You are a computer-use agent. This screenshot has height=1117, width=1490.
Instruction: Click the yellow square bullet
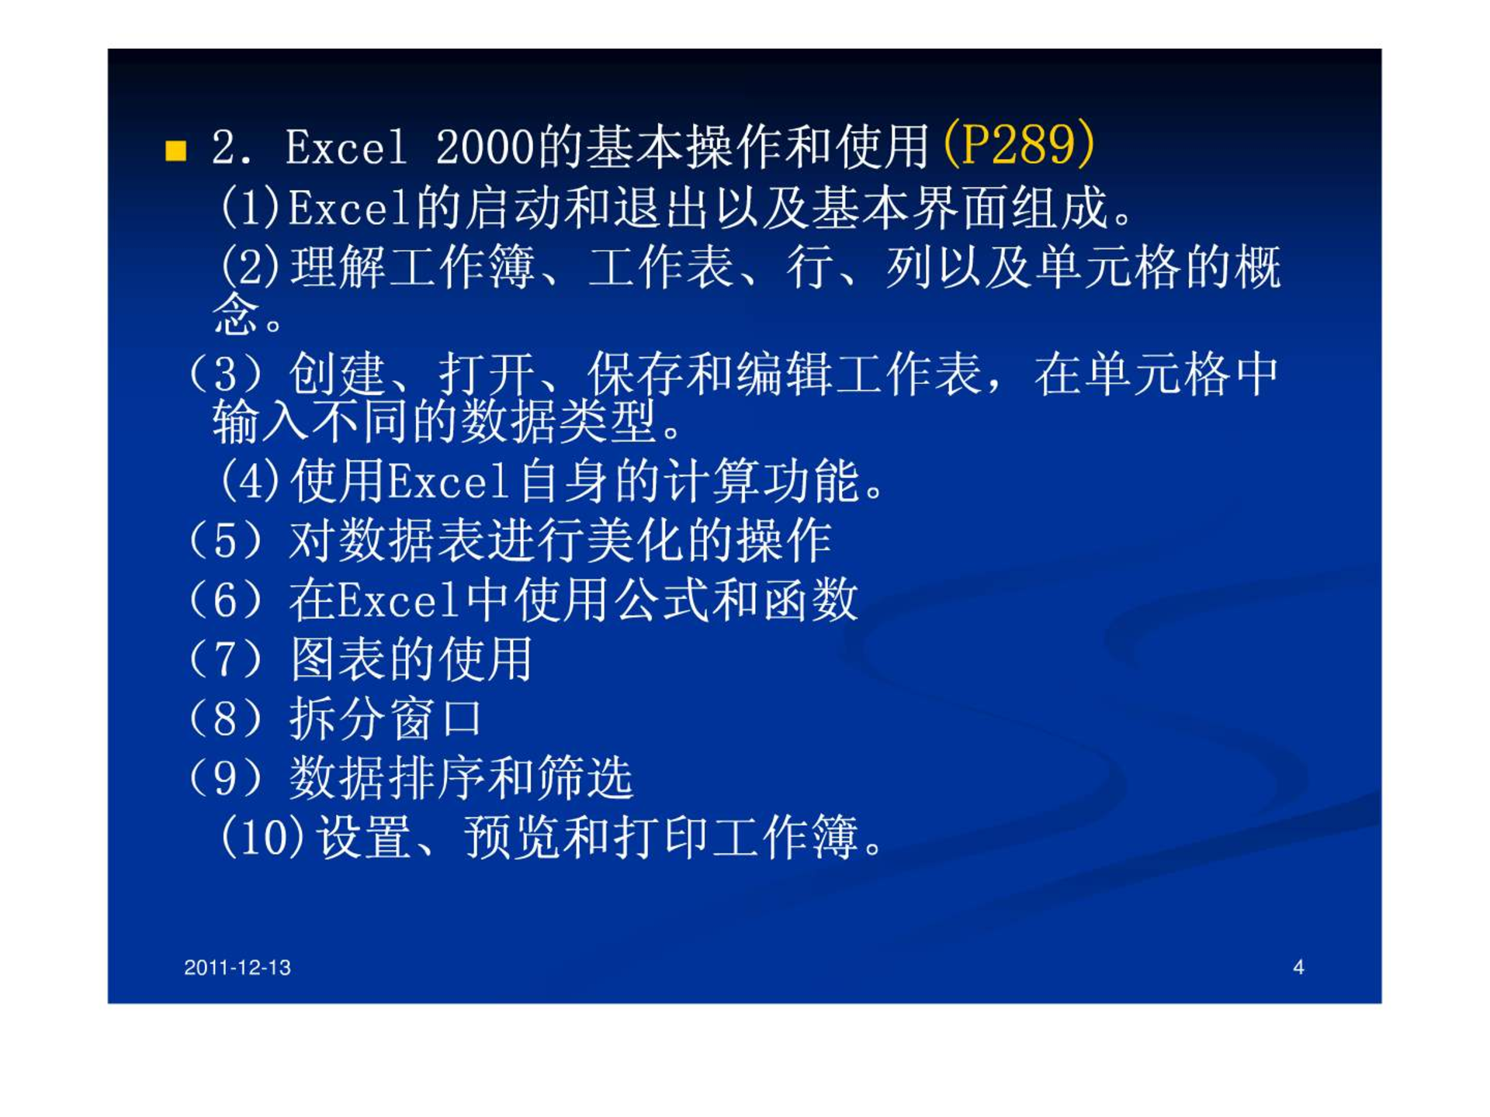176,150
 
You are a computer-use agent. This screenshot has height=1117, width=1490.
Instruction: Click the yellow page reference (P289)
1019,144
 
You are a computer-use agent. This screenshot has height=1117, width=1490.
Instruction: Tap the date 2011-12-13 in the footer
237,967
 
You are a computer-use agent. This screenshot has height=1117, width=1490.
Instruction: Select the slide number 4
1298,967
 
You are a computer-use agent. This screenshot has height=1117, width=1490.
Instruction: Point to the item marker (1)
250,208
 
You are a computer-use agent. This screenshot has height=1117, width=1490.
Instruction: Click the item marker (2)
250,268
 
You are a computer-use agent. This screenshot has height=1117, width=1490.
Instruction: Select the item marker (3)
225,375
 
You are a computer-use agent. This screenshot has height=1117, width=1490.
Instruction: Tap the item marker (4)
250,482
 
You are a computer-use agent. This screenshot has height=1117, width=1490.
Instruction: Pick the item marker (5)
225,541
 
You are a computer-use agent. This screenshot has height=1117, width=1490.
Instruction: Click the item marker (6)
225,600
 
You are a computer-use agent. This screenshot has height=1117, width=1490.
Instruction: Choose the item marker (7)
225,660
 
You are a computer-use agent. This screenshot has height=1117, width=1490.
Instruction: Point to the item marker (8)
225,719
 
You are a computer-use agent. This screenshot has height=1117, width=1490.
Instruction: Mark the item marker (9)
225,779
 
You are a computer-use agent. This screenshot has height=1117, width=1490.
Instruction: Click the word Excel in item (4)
449,482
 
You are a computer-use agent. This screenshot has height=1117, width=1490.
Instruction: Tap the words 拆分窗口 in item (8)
386,719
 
